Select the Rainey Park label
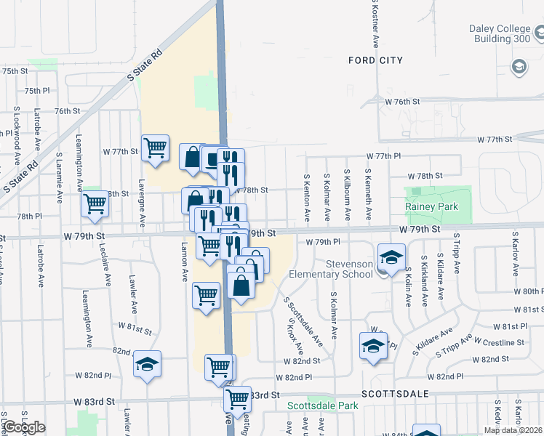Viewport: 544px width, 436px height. point(432,206)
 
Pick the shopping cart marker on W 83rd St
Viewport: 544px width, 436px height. point(237,398)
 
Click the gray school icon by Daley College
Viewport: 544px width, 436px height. point(519,68)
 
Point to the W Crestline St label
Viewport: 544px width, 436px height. point(500,342)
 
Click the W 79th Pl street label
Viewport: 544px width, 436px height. point(323,242)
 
